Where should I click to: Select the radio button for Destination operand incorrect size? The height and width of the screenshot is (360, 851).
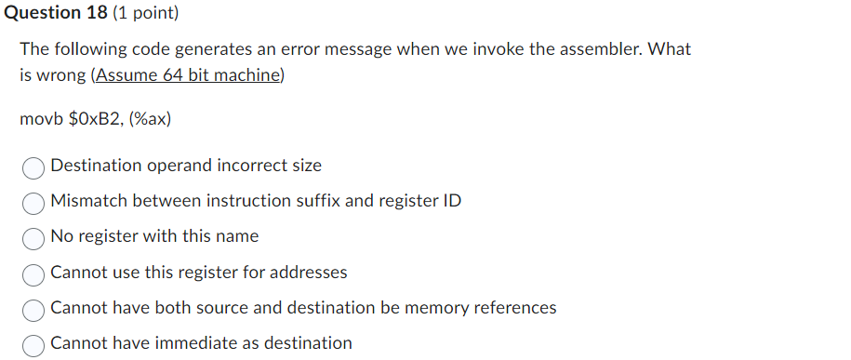pos(33,167)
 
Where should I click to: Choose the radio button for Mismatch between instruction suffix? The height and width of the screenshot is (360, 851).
pos(33,202)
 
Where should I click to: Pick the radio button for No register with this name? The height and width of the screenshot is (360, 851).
pos(33,237)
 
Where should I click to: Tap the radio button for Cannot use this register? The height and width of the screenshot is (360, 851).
pos(33,273)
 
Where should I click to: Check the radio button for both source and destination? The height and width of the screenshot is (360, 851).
pos(33,309)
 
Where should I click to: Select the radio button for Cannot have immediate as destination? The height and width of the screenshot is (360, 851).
pos(33,344)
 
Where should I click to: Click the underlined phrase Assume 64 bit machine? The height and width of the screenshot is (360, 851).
pos(187,75)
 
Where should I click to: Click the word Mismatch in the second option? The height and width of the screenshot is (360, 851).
pos(89,201)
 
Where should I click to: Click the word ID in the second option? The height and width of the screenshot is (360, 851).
pos(450,201)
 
